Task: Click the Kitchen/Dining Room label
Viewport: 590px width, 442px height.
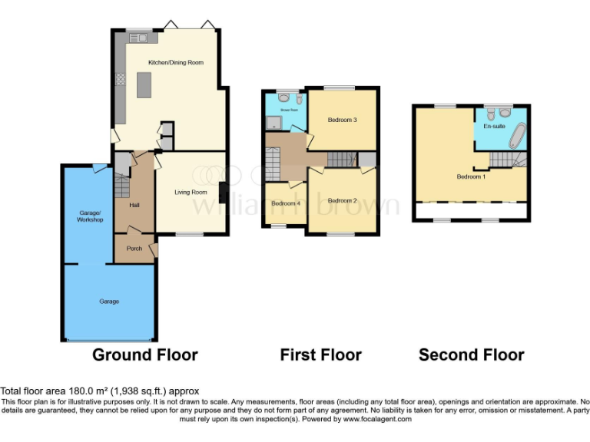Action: click(176, 62)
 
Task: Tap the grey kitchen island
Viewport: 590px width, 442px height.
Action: click(144, 84)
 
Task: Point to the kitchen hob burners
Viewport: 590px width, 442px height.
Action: click(121, 79)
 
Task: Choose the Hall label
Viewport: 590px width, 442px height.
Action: click(134, 205)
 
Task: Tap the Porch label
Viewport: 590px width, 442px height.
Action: click(134, 248)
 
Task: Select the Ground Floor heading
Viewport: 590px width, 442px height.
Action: click(145, 355)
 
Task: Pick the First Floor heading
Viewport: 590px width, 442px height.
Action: click(320, 355)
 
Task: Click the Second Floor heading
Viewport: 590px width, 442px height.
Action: click(471, 355)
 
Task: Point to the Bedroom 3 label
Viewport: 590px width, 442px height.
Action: click(343, 120)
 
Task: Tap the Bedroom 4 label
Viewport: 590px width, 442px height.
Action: click(284, 203)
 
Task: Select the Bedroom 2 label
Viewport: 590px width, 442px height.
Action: click(343, 200)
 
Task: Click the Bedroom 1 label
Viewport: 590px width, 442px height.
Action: click(471, 176)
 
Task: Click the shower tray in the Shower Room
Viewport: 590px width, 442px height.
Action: click(273, 124)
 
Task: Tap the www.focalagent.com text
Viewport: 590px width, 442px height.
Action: click(377, 419)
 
